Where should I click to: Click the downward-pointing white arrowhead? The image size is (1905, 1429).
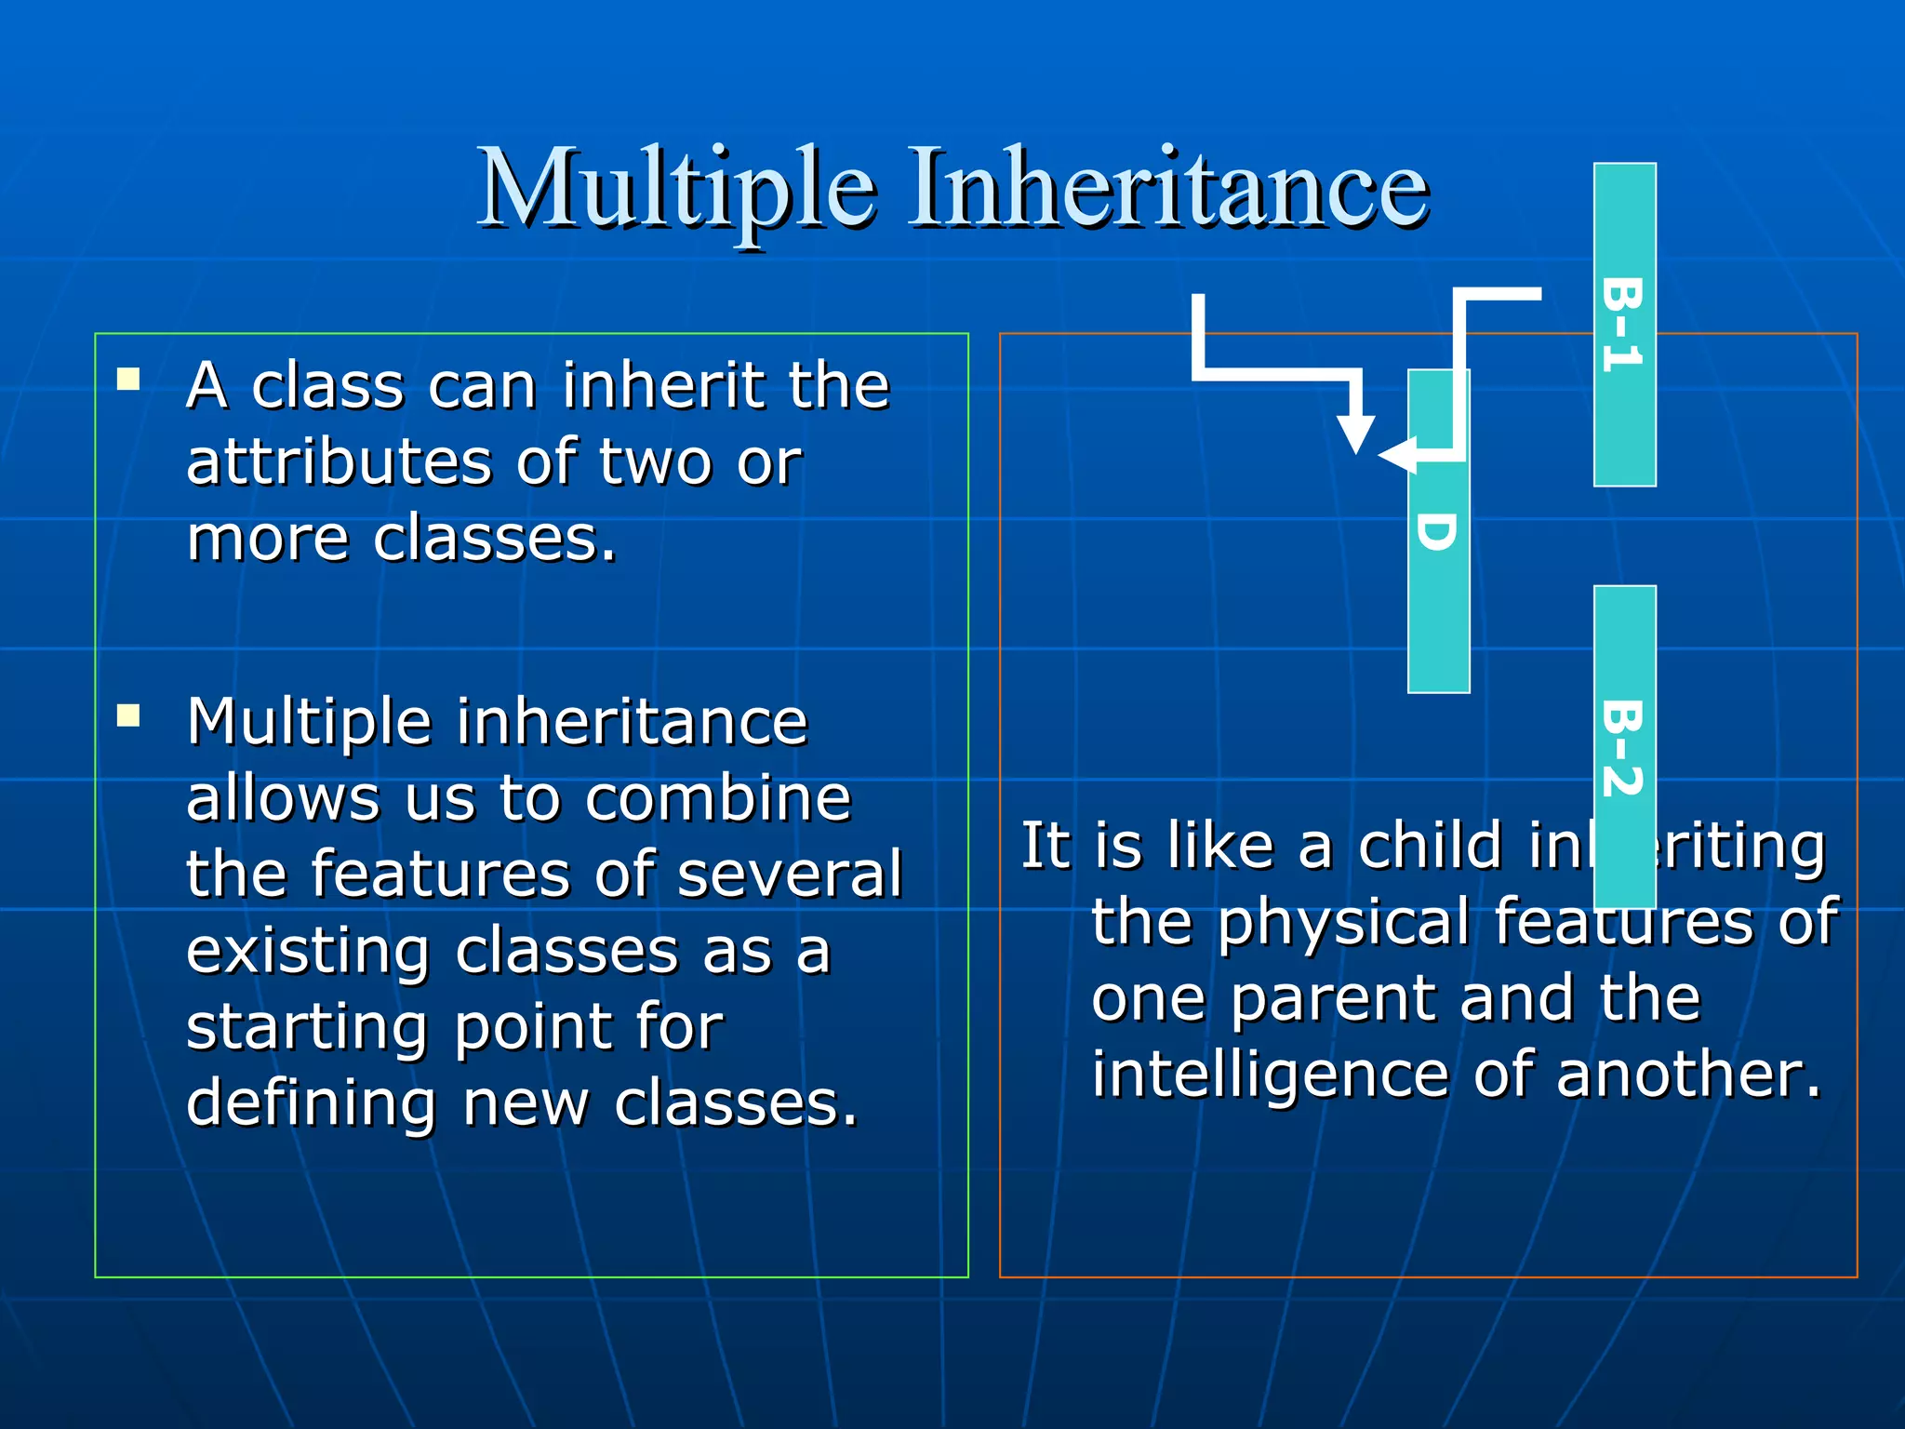(x=1355, y=433)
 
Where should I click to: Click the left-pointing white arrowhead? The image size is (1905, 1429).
(x=1395, y=456)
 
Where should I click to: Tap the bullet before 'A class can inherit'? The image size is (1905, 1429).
(x=128, y=379)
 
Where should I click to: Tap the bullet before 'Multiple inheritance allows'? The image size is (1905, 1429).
(x=128, y=715)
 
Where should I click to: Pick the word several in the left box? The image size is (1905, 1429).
(x=790, y=875)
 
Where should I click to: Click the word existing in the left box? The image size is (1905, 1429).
(x=308, y=952)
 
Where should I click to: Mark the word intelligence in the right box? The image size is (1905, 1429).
(x=1271, y=1075)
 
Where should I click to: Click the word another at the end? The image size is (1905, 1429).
(x=1687, y=1075)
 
